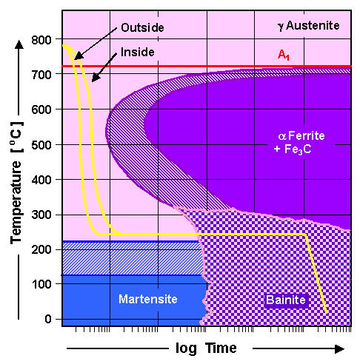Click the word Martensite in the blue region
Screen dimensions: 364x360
145,299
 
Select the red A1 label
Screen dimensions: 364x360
284,55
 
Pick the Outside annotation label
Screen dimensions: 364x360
142,27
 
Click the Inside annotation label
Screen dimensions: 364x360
137,52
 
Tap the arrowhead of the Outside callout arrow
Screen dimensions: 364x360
75,58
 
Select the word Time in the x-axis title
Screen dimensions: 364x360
221,348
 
